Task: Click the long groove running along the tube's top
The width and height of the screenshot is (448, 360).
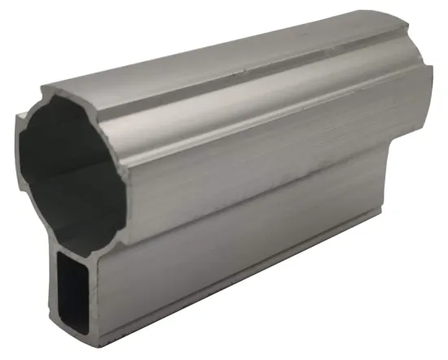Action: coord(244,65)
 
